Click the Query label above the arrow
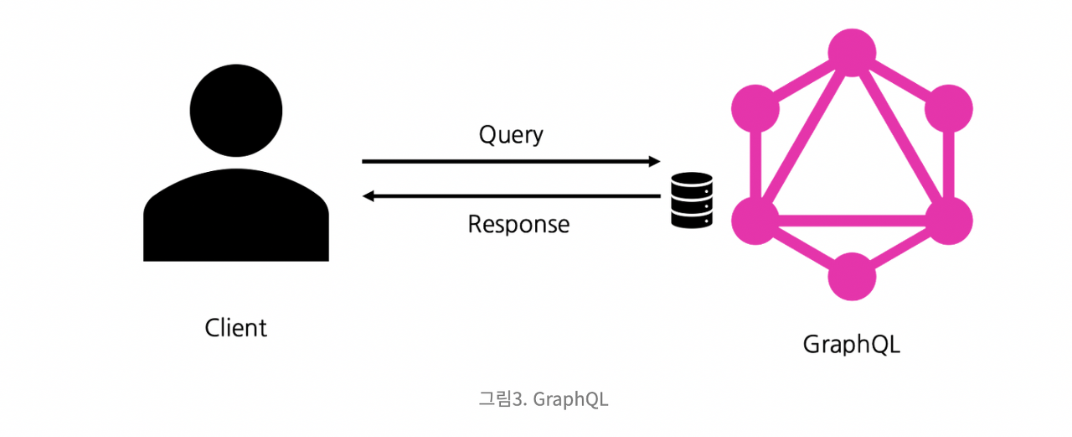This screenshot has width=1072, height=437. pos(511,135)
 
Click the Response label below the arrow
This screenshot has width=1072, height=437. pos(518,224)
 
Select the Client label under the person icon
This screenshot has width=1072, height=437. pos(236,327)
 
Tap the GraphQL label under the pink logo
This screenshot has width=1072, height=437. pos(852,344)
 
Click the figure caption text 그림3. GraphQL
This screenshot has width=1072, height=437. pos(544,399)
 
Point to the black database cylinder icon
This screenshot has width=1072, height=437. pos(692,200)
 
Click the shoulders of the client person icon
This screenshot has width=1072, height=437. pos(236,218)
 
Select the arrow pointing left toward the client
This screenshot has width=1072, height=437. pos(511,196)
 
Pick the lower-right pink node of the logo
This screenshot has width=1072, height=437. pos(948,220)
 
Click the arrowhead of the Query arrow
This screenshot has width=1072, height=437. pos(653,161)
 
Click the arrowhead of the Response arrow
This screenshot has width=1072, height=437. pos(369,196)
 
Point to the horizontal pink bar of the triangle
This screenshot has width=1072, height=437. pos(853,221)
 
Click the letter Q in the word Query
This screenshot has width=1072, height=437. pos(487,134)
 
